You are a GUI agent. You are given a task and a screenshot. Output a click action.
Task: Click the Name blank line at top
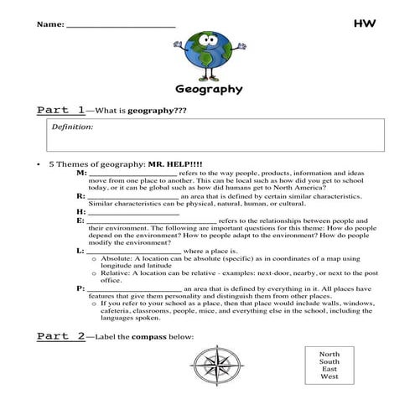point(121,26)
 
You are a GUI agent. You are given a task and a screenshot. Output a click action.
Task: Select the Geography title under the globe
point(209,89)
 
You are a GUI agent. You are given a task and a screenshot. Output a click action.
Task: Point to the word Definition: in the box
point(73,127)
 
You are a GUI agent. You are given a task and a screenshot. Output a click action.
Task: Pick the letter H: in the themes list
point(80,212)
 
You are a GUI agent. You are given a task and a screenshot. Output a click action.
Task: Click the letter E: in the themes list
point(80,220)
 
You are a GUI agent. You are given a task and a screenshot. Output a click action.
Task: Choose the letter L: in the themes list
point(80,250)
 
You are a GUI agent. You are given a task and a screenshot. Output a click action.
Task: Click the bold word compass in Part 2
point(169,337)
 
